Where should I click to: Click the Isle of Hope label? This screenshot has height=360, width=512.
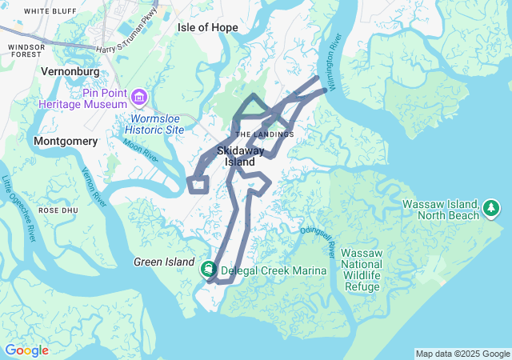click(207, 27)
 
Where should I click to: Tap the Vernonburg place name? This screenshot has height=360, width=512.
click(70, 70)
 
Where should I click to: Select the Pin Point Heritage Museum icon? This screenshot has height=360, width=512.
click(139, 97)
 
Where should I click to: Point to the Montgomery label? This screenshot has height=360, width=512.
click(66, 142)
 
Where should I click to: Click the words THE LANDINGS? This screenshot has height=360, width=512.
click(265, 134)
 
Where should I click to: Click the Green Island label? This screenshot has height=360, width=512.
click(164, 262)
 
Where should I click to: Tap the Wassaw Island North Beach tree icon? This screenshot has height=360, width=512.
click(490, 210)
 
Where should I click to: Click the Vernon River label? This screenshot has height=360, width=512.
click(95, 187)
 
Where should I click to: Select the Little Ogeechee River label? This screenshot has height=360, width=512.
click(19, 208)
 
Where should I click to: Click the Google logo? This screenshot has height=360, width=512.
click(26, 350)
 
